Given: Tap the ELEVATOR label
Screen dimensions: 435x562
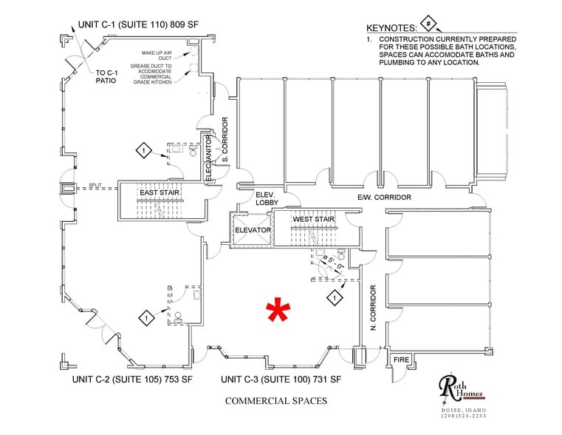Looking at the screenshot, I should pyautogui.click(x=253, y=231).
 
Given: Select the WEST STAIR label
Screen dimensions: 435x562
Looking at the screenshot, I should pyautogui.click(x=313, y=220).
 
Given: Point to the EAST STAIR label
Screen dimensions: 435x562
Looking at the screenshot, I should pyautogui.click(x=160, y=192).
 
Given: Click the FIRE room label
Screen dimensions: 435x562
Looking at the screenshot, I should pyautogui.click(x=401, y=360).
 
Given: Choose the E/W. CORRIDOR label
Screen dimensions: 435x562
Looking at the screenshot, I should pyautogui.click(x=383, y=198).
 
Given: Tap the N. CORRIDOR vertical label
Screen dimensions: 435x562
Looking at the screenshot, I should pyautogui.click(x=374, y=306).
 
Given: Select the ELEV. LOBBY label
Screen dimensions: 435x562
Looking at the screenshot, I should pyautogui.click(x=265, y=198).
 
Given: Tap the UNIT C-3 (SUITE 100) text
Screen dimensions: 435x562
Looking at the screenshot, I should pyautogui.click(x=280, y=380).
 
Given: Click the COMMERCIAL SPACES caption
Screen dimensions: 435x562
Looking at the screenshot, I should pyautogui.click(x=276, y=401).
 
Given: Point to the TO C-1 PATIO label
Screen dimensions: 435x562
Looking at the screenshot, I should pyautogui.click(x=109, y=77).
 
